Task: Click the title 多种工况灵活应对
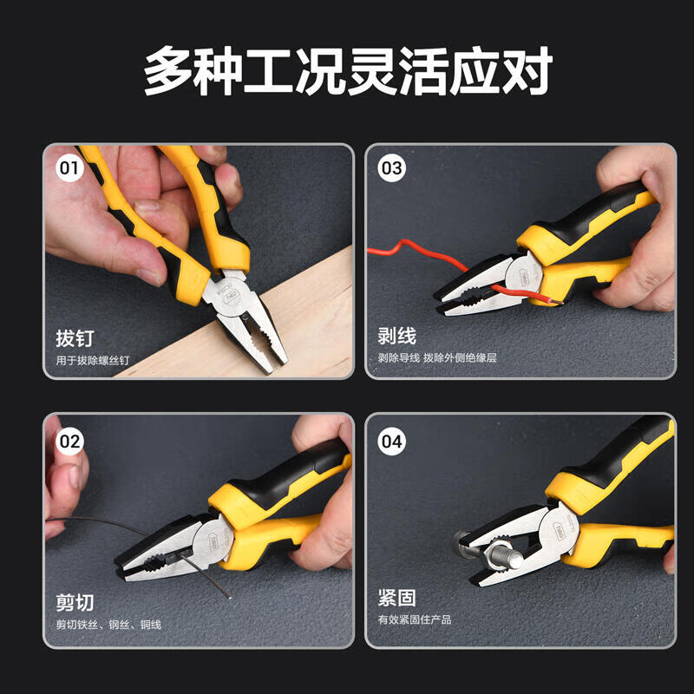click(348, 71)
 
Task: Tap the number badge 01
click(69, 168)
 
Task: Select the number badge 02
click(69, 442)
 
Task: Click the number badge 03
click(392, 168)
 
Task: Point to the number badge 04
click(392, 442)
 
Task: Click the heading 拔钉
click(75, 338)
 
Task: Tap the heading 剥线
click(397, 336)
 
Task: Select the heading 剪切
click(75, 602)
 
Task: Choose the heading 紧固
click(397, 598)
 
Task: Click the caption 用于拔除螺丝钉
click(93, 360)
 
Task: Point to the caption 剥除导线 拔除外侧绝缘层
click(437, 357)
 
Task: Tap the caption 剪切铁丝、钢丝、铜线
click(108, 625)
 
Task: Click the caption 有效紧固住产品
click(415, 619)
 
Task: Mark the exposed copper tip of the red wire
click(555, 301)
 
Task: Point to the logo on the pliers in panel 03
click(525, 277)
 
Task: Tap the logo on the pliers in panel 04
click(559, 531)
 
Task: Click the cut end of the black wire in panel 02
click(228, 597)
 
